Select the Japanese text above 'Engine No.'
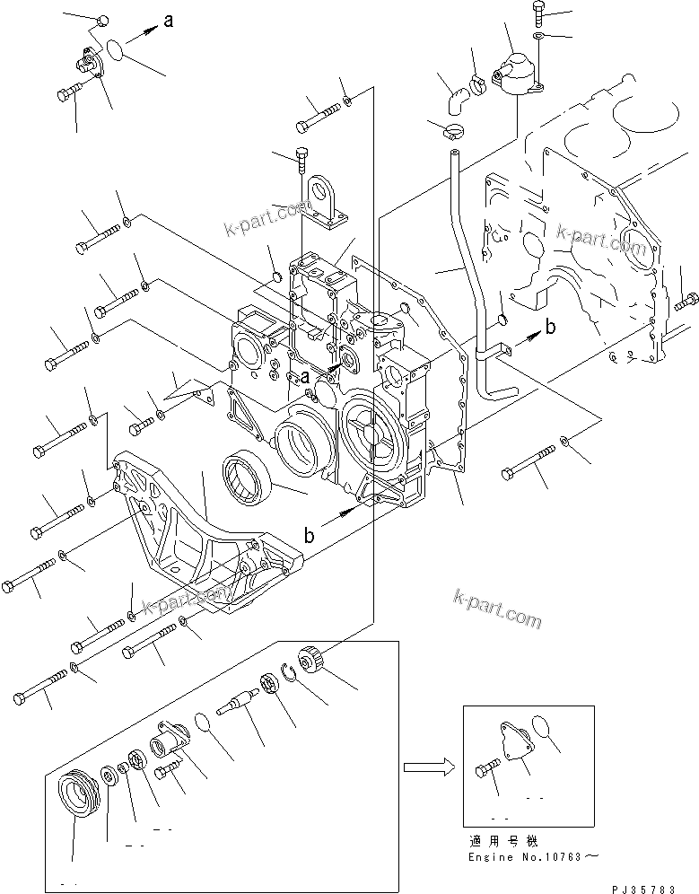pos(502,842)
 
